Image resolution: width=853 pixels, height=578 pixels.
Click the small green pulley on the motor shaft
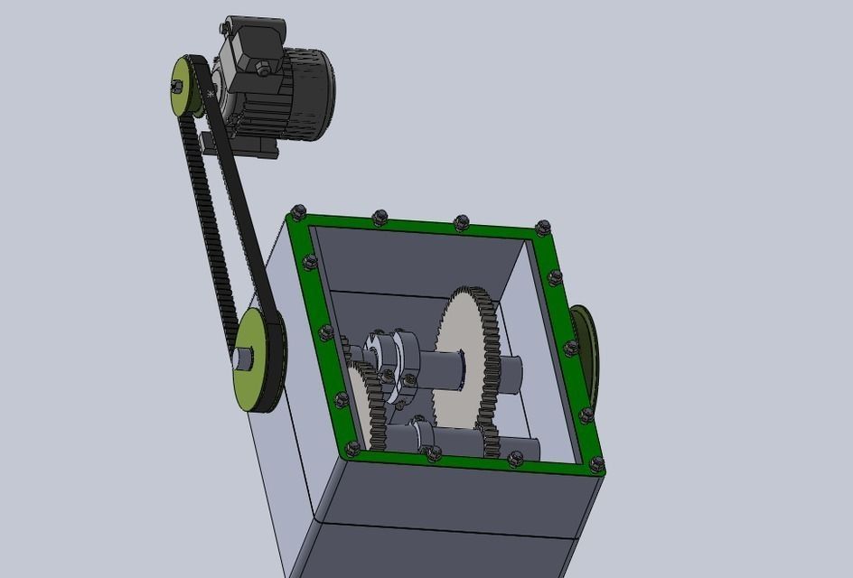(x=186, y=87)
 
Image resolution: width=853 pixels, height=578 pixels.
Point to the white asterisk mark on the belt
(x=211, y=94)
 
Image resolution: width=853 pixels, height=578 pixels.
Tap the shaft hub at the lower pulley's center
(x=242, y=358)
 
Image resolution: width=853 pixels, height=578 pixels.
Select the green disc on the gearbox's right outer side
(x=583, y=352)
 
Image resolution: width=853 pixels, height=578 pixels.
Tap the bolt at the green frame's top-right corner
(x=542, y=228)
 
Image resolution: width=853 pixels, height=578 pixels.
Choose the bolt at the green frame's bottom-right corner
(x=596, y=465)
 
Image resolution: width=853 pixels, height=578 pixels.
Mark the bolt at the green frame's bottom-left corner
(x=352, y=448)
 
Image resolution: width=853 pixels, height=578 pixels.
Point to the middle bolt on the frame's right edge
(x=570, y=348)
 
